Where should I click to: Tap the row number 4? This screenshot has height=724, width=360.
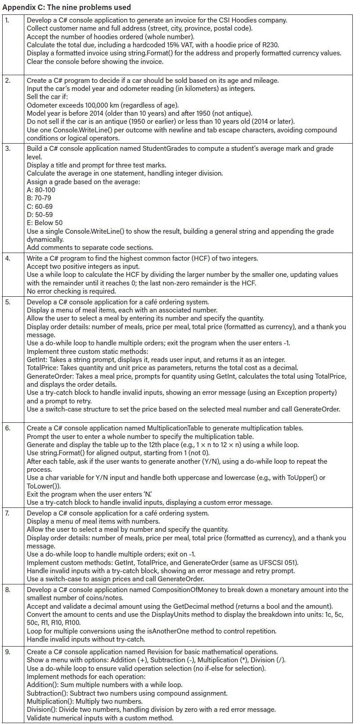(7, 258)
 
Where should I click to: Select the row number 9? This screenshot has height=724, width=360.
(7, 652)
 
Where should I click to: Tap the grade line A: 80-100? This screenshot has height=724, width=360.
(41, 190)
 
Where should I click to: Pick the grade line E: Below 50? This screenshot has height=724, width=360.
(45, 223)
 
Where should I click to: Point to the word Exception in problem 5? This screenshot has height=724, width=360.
(289, 393)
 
